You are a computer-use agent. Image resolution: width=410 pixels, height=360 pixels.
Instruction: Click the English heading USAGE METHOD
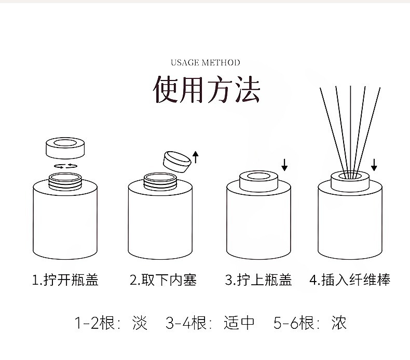(x=206, y=63)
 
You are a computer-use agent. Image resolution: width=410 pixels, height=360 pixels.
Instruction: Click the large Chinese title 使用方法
(x=206, y=89)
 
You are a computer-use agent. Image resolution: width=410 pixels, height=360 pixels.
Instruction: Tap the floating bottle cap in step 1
(x=65, y=148)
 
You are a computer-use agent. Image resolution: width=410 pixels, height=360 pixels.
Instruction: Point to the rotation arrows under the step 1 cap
(x=65, y=166)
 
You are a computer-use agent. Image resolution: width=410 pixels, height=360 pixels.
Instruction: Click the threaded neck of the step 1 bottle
(x=65, y=181)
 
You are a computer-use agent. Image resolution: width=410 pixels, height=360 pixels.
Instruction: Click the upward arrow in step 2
(x=196, y=156)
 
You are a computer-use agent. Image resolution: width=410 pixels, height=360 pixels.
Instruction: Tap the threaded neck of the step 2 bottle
(x=160, y=181)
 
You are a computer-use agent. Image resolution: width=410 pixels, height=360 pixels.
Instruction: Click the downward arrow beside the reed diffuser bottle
(x=374, y=165)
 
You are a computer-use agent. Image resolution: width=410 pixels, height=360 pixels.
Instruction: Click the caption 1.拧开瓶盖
(x=65, y=281)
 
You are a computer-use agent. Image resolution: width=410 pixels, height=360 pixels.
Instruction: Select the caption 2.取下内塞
(x=163, y=281)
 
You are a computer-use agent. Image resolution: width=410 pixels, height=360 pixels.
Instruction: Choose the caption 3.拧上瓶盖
(x=258, y=281)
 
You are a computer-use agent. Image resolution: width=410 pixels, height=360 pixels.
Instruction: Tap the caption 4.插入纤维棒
(x=349, y=281)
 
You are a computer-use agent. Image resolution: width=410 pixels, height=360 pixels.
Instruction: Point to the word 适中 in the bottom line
(x=239, y=323)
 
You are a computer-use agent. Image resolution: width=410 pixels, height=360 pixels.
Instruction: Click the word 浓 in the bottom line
(x=339, y=323)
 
